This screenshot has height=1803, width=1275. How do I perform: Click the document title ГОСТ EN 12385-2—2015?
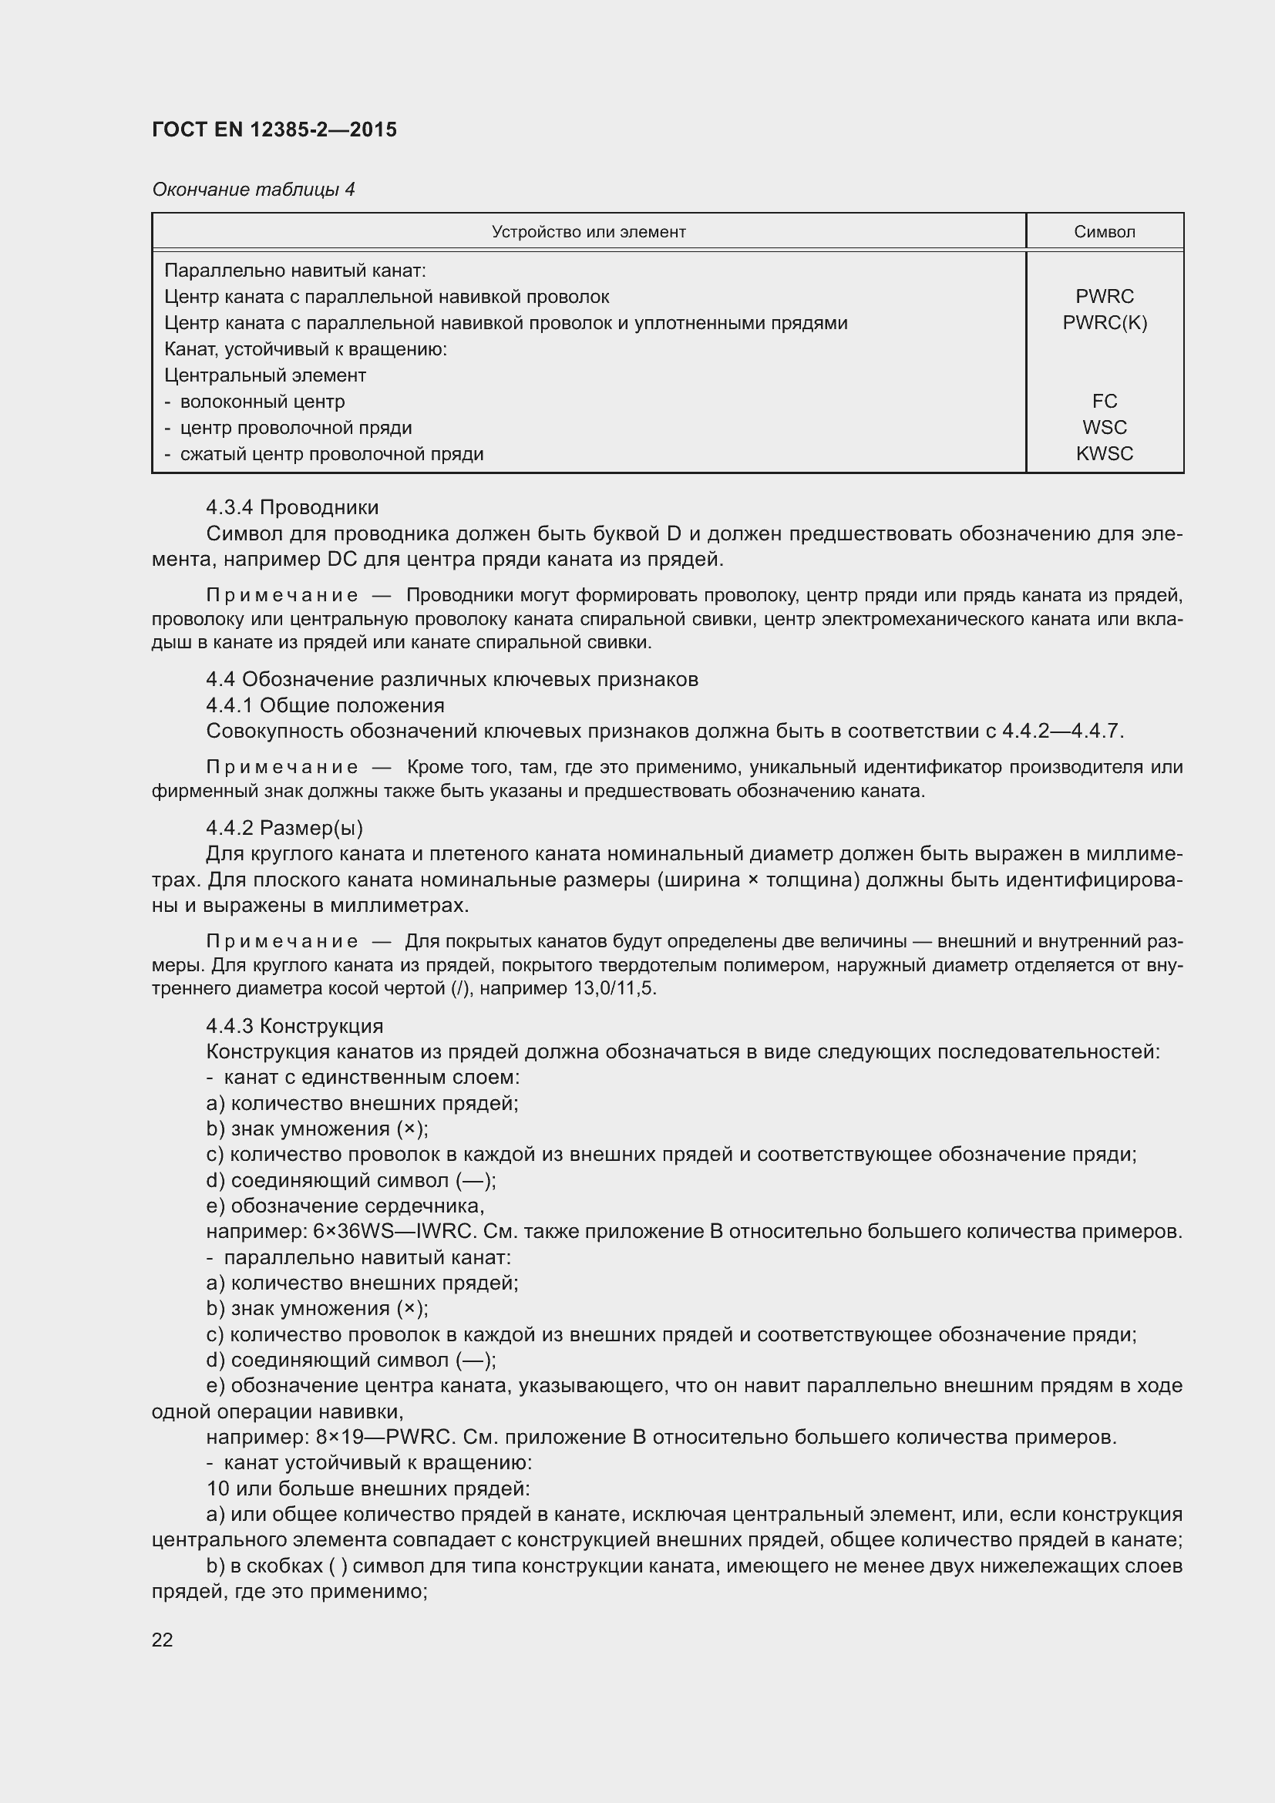pyautogui.click(x=274, y=130)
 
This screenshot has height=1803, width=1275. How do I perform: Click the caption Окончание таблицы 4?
pyautogui.click(x=253, y=190)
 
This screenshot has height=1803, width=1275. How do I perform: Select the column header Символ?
pyautogui.click(x=1104, y=232)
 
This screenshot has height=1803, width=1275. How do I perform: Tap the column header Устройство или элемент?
pyautogui.click(x=588, y=232)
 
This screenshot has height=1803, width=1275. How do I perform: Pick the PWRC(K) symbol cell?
pyautogui.click(x=1104, y=323)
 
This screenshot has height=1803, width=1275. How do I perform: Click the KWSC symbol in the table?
pyautogui.click(x=1104, y=454)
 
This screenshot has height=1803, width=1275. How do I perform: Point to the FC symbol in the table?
pyautogui.click(x=1104, y=402)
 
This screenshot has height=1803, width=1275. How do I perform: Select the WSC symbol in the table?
pyautogui.click(x=1104, y=428)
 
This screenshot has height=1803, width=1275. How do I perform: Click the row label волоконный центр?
pyautogui.click(x=262, y=402)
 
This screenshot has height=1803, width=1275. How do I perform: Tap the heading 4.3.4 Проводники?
pyautogui.click(x=292, y=507)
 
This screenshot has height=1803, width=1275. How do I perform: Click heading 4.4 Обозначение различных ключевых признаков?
pyautogui.click(x=452, y=679)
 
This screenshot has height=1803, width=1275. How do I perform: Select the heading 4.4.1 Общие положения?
pyautogui.click(x=325, y=705)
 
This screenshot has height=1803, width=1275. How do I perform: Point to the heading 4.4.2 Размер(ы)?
pyautogui.click(x=284, y=828)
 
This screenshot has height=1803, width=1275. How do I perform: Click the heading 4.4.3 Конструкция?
pyautogui.click(x=294, y=1026)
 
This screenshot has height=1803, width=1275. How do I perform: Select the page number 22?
pyautogui.click(x=163, y=1640)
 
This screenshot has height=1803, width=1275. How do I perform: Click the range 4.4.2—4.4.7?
pyautogui.click(x=1061, y=731)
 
